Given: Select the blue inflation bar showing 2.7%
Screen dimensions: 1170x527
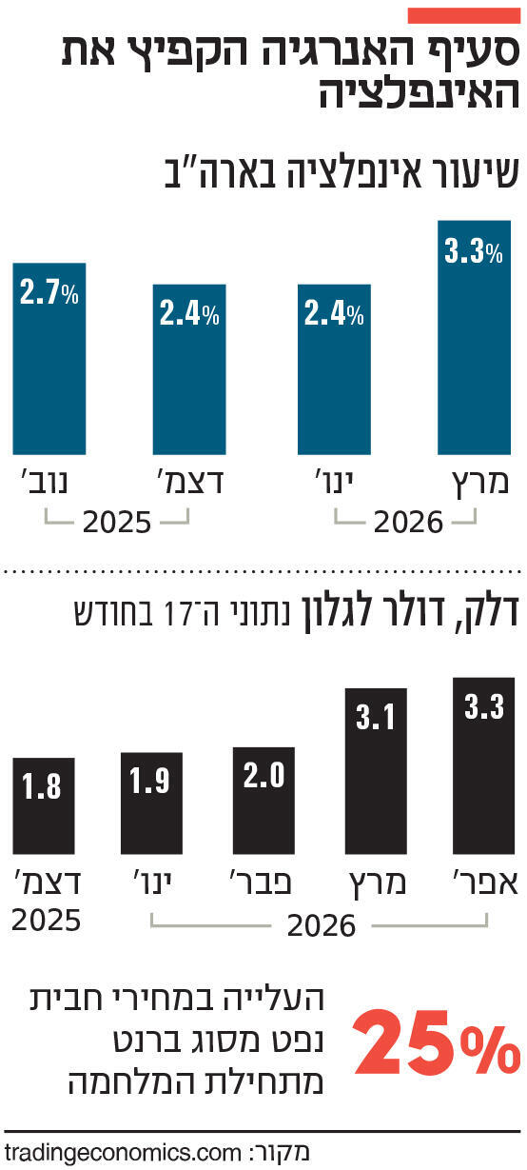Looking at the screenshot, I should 49,358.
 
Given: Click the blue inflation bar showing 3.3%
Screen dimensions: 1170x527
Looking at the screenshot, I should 473,338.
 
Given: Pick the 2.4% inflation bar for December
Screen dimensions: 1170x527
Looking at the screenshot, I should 190,369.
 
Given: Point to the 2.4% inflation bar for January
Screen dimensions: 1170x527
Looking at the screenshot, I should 334,369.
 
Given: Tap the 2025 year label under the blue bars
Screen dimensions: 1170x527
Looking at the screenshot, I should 117,523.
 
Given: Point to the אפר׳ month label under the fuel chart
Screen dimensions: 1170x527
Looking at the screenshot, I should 484,882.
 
